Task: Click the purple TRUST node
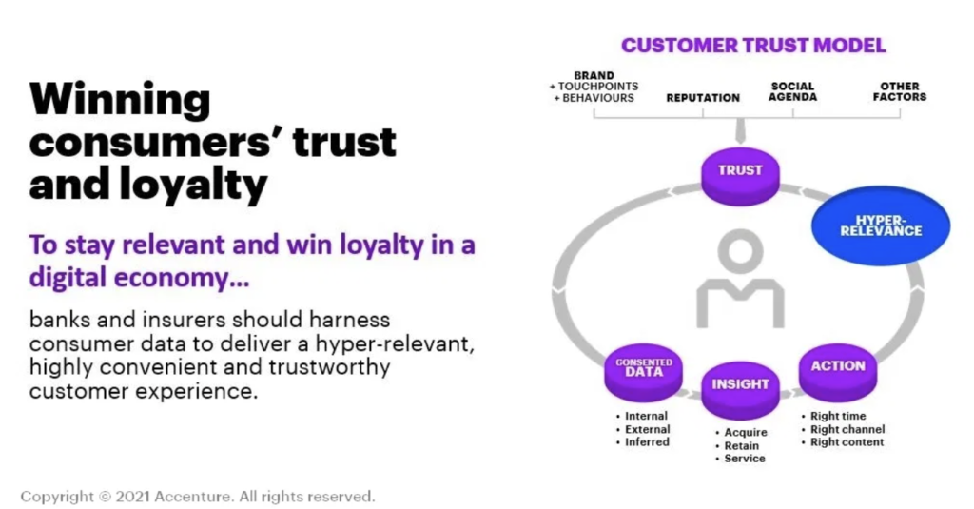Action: (740, 177)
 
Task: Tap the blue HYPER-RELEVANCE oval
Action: (881, 225)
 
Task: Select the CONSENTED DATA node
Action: (644, 372)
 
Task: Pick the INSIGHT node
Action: (740, 390)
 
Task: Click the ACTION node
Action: (837, 372)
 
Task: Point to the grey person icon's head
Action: (740, 250)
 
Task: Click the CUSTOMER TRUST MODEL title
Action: (753, 46)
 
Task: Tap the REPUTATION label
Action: (703, 98)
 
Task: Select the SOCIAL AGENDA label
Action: (792, 91)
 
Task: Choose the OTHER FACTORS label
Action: (900, 91)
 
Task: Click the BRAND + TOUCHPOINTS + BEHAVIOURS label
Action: (594, 87)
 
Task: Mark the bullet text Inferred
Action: (647, 441)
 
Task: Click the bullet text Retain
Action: (742, 445)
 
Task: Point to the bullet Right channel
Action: (847, 429)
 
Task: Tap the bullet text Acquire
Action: (746, 432)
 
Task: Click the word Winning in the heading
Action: (120, 101)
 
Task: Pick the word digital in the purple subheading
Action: (68, 277)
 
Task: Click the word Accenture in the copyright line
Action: (193, 497)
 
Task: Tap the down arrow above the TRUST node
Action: (740, 131)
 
